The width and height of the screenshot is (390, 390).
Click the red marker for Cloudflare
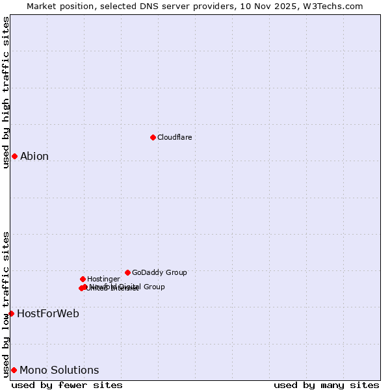[153, 137]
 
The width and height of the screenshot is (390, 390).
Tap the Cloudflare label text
[175, 137]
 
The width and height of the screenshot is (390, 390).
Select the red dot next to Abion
[14, 156]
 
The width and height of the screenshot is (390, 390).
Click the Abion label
[34, 156]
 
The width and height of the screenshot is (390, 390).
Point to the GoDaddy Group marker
[127, 272]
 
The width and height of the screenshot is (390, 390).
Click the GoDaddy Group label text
[159, 272]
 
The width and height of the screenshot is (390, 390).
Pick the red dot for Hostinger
[83, 279]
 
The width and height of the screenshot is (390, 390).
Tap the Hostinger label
[103, 279]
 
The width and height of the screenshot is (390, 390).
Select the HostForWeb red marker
[11, 313]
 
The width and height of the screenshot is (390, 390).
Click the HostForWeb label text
[48, 313]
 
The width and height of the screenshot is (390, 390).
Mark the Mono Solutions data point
[14, 370]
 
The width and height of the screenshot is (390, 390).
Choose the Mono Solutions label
[59, 370]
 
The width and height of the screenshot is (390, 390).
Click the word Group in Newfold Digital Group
[153, 287]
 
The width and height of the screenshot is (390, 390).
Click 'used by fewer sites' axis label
[67, 385]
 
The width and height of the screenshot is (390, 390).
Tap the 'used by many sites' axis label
[326, 385]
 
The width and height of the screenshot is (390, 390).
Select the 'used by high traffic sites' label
[6, 92]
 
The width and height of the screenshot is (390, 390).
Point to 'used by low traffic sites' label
[6, 304]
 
